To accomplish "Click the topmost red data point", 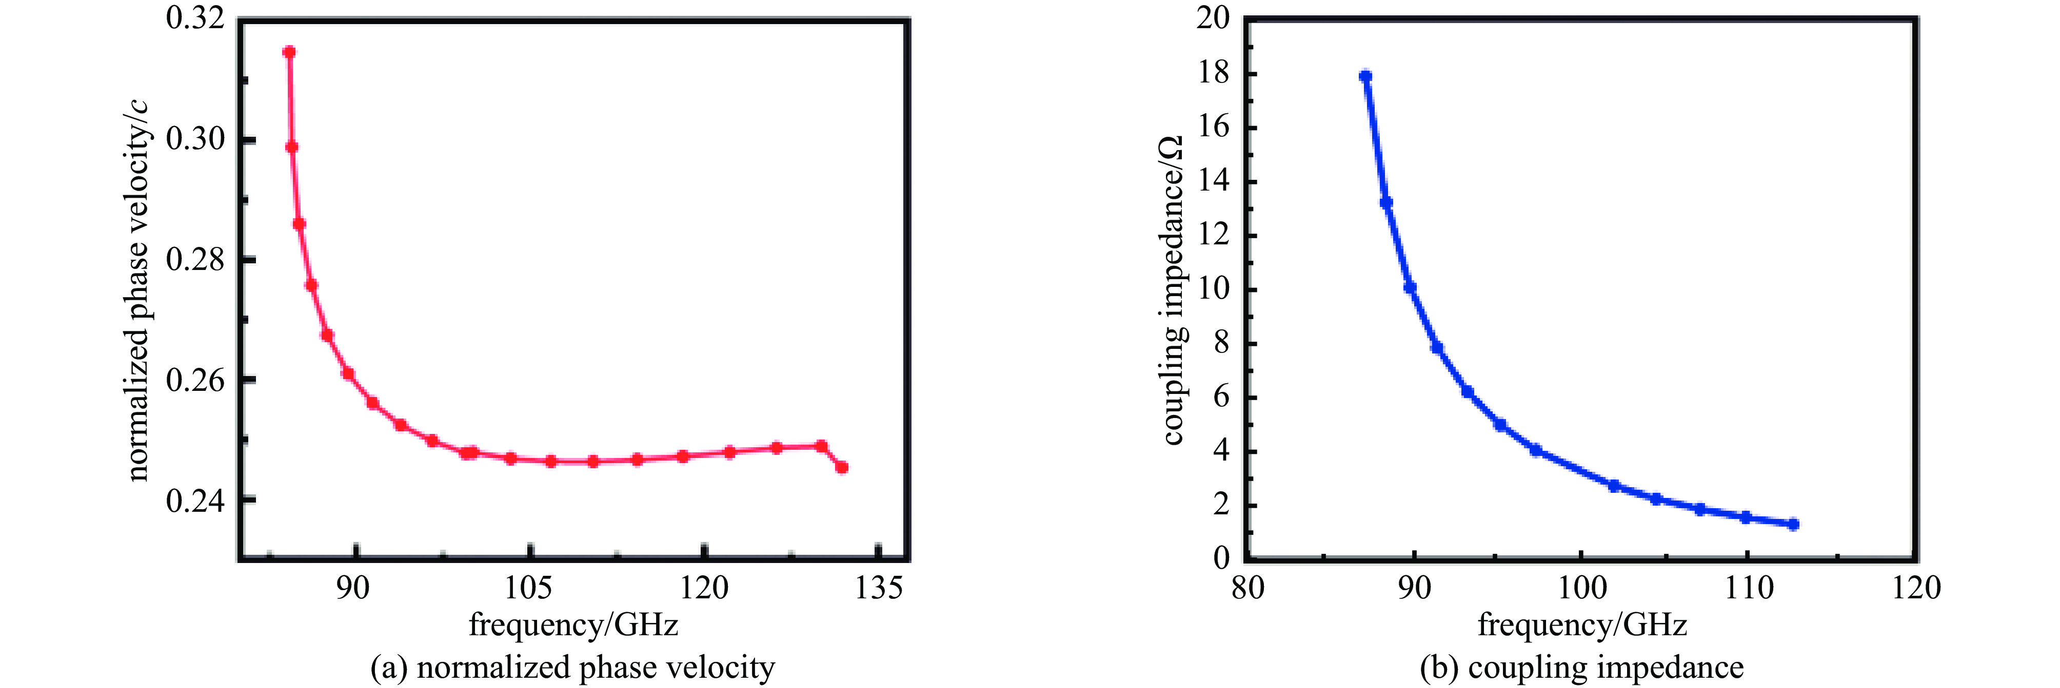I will pos(289,52).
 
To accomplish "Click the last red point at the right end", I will pos(841,467).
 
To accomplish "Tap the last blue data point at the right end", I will pos(1793,524).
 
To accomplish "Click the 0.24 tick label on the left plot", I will pos(194,501).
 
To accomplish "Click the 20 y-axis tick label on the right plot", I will pos(1213,17).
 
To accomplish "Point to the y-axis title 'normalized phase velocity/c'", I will pos(137,291).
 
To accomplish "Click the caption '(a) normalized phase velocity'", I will pos(572,667).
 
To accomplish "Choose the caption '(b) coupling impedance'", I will pos(1582,667).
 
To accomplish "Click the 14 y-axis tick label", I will pos(1213,181).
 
